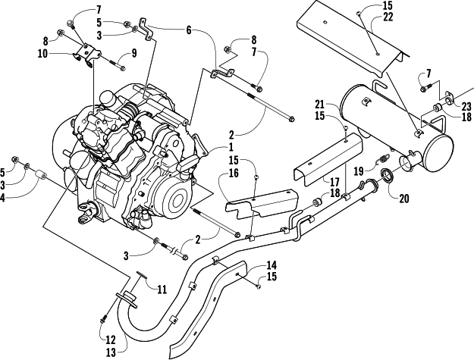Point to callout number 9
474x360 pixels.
click(133, 54)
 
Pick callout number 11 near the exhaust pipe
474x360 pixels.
click(162, 290)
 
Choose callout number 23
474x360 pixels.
click(466, 105)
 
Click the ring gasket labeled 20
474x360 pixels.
click(386, 178)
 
